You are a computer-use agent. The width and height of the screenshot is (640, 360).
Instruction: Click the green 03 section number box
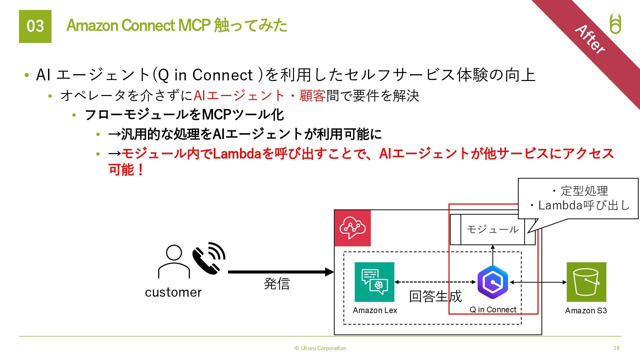35,26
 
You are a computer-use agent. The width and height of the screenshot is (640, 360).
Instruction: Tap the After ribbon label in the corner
590,39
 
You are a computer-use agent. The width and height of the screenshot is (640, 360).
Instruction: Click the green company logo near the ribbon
615,24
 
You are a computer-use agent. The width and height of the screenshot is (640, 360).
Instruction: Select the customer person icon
174,262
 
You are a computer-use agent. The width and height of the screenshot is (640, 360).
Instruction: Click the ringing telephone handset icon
209,258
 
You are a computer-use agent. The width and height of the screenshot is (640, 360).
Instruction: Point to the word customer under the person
173,292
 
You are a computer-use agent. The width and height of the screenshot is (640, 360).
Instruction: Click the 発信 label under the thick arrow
277,284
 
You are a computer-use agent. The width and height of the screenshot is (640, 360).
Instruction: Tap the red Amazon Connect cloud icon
352,228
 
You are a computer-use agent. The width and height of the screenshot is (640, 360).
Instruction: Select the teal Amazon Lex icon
374,282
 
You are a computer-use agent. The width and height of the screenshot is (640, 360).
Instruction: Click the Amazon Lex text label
375,310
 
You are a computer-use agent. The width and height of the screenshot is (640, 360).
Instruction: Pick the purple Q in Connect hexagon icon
493,282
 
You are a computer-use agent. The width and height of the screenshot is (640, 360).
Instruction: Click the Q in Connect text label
493,310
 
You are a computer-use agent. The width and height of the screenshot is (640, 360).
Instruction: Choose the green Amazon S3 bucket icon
586,282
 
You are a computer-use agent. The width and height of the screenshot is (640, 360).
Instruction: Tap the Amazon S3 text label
586,311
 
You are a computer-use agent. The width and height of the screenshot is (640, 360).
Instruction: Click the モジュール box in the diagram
492,229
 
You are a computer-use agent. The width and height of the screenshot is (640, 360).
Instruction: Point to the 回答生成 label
435,296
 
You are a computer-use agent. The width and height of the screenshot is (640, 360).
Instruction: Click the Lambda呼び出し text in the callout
584,205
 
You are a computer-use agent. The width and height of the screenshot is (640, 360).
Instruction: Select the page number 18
616,348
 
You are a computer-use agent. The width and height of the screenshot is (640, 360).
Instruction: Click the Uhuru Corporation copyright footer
320,348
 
